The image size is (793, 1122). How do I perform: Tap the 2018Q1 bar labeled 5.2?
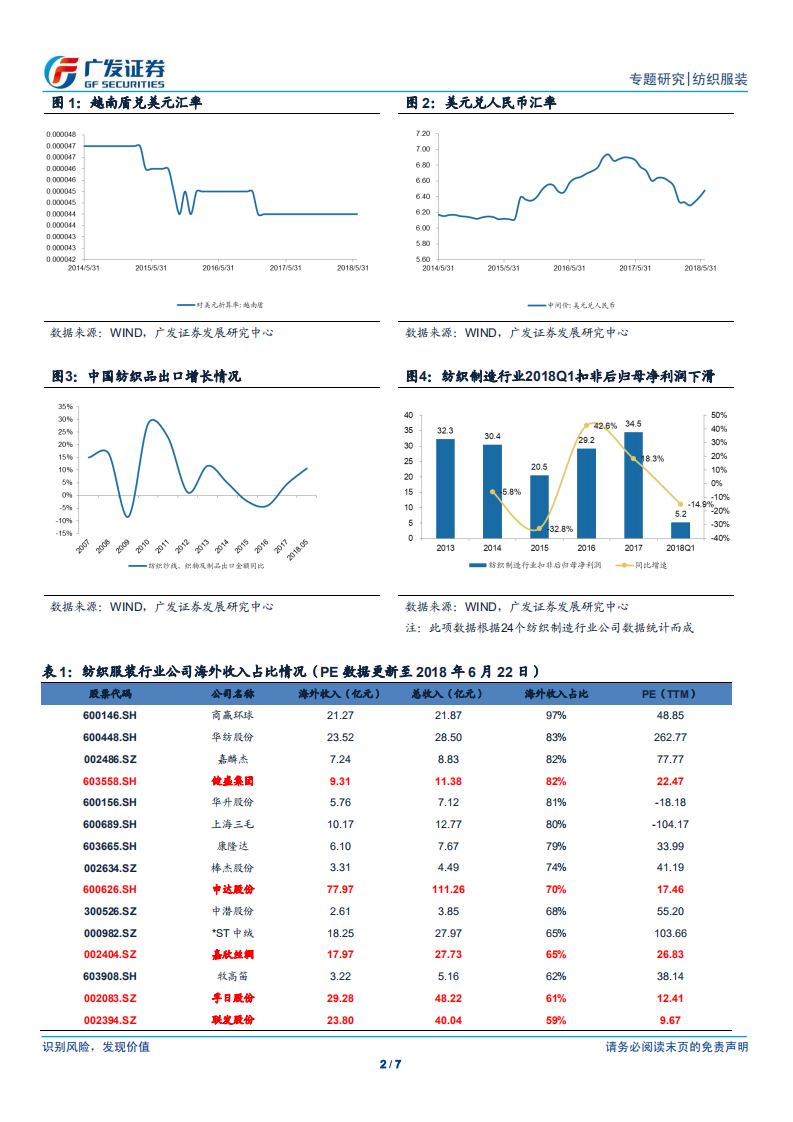click(680, 530)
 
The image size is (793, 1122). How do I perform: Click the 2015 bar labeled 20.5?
click(539, 506)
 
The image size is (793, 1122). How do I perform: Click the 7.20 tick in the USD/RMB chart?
click(422, 133)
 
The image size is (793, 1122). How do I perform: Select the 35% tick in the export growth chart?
click(66, 407)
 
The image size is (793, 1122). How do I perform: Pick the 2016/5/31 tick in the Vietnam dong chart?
click(218, 267)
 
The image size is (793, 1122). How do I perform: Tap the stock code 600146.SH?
click(109, 716)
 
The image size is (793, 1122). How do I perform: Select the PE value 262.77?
click(670, 738)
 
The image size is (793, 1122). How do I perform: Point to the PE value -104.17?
click(670, 825)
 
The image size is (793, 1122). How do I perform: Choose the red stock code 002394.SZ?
click(109, 1020)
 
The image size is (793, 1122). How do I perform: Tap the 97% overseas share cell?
click(556, 716)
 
